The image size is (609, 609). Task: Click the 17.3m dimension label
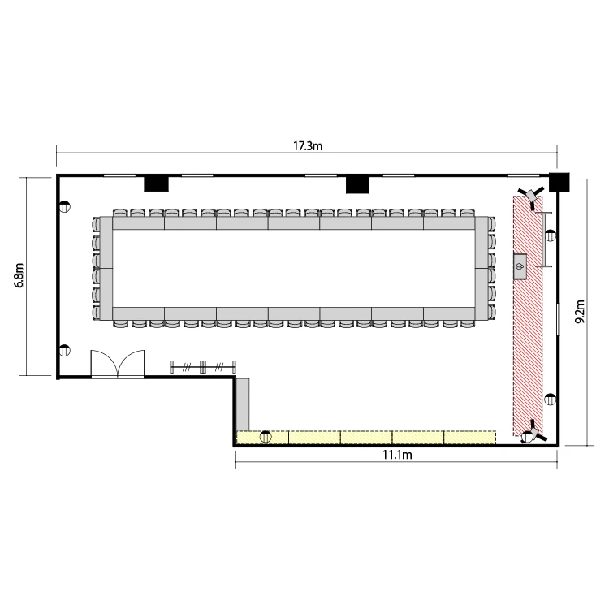pyautogui.click(x=307, y=146)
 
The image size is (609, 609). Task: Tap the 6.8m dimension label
pyautogui.click(x=19, y=275)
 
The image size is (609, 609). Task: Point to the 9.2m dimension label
pyautogui.click(x=580, y=312)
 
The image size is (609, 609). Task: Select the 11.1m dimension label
pyautogui.click(x=397, y=455)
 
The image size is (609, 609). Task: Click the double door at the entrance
pyautogui.click(x=117, y=364)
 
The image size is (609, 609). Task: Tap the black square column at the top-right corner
pyautogui.click(x=559, y=182)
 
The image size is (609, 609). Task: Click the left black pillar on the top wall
pyautogui.click(x=156, y=184)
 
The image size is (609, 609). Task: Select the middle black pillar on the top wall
pyautogui.click(x=357, y=185)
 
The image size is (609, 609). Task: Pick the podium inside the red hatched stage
pyautogui.click(x=520, y=266)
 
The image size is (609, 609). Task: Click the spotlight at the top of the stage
pyautogui.click(x=530, y=197)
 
